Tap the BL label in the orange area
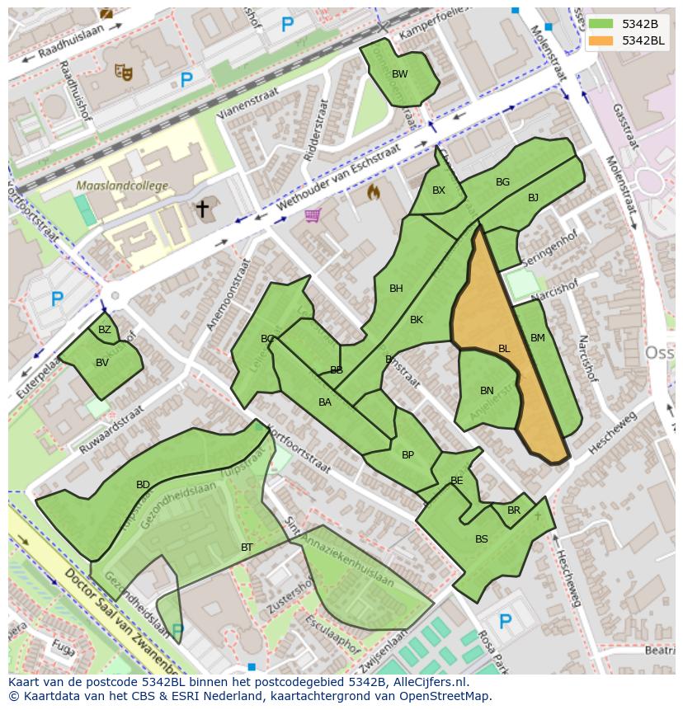tap(504, 349)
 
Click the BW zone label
tap(399, 74)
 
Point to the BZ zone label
tap(105, 330)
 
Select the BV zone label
tap(102, 362)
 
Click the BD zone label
tap(143, 485)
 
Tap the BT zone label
tap(247, 548)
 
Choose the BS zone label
tap(482, 539)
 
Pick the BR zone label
tap(514, 510)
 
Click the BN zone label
tap(487, 391)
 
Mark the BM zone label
tap(538, 338)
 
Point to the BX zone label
tap(439, 190)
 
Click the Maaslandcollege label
tap(122, 186)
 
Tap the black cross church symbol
tap(202, 209)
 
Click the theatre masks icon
tap(125, 73)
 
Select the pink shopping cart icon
tap(312, 215)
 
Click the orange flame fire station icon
tap(374, 192)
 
